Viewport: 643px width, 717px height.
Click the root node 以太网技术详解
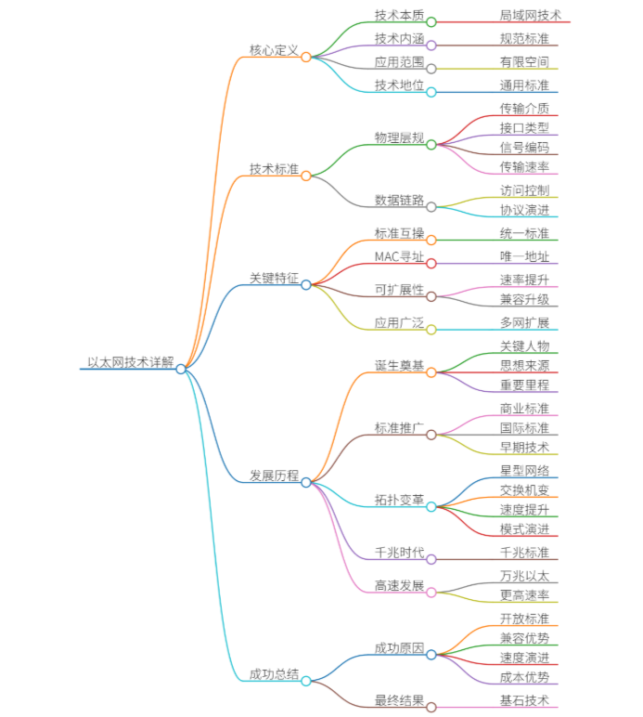(x=130, y=362)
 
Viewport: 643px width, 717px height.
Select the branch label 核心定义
(x=274, y=50)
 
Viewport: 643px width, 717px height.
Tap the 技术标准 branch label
(x=274, y=170)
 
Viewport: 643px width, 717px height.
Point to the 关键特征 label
(x=274, y=279)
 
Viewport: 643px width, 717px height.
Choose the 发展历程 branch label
(x=274, y=476)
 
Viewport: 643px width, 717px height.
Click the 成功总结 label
(x=274, y=674)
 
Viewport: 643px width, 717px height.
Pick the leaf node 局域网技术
(x=530, y=16)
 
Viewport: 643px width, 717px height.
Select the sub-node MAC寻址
(x=399, y=257)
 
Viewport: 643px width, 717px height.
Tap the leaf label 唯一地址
(x=524, y=257)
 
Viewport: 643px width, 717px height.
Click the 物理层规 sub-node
(x=399, y=138)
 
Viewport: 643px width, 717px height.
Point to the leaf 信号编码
(x=524, y=148)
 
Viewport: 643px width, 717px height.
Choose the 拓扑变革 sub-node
(x=399, y=501)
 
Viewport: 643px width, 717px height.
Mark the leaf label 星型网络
(x=524, y=471)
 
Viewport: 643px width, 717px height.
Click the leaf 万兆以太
(x=524, y=576)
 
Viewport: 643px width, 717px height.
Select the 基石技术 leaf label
(x=524, y=700)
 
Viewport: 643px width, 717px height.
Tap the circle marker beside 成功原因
(x=431, y=654)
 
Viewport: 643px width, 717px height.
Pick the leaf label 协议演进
(x=524, y=210)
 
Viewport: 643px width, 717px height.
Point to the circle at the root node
(x=181, y=369)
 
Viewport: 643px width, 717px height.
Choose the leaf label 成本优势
(x=524, y=677)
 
